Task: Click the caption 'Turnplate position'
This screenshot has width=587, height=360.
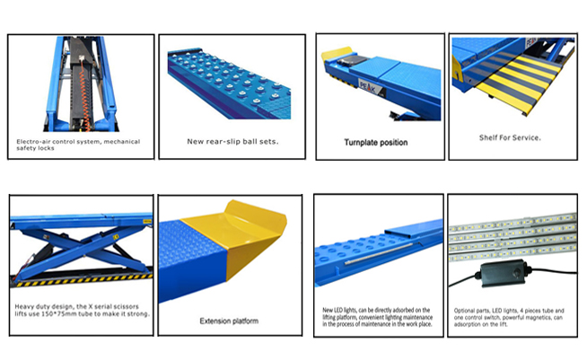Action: pos(376,143)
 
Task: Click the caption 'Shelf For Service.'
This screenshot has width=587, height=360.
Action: pos(510,137)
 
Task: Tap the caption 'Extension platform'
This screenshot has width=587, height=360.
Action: pos(229,321)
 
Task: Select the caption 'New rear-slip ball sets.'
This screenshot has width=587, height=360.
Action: pos(232,142)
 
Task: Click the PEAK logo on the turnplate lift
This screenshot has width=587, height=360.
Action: pos(368,86)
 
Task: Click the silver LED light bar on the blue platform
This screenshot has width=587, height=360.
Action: pos(378,253)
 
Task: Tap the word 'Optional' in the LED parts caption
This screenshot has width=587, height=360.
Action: pos(464,311)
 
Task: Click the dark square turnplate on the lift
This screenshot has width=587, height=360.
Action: pos(353,60)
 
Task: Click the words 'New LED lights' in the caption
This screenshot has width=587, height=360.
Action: pos(339,311)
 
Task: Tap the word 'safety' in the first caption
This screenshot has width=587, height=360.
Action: pos(25,148)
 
